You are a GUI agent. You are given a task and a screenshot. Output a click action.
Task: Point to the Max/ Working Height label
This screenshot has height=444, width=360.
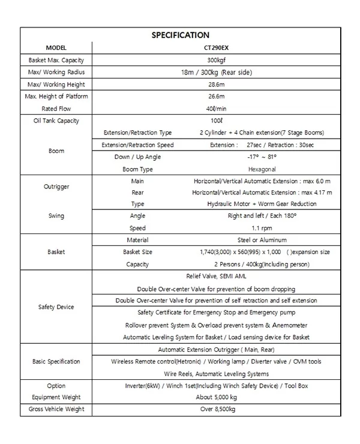[56, 85]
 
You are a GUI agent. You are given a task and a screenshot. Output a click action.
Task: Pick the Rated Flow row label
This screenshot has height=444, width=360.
[56, 109]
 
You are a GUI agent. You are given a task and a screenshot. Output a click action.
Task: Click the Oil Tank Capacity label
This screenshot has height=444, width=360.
[56, 121]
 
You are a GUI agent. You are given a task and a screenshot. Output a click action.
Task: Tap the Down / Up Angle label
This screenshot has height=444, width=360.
[137, 157]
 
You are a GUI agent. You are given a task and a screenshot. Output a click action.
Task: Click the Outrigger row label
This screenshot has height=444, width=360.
[56, 187]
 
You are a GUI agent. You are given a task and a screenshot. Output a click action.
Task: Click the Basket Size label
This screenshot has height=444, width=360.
[137, 252]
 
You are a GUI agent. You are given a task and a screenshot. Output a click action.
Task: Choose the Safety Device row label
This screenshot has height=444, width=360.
[56, 307]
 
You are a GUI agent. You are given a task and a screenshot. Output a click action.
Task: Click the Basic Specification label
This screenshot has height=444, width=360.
[56, 362]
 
